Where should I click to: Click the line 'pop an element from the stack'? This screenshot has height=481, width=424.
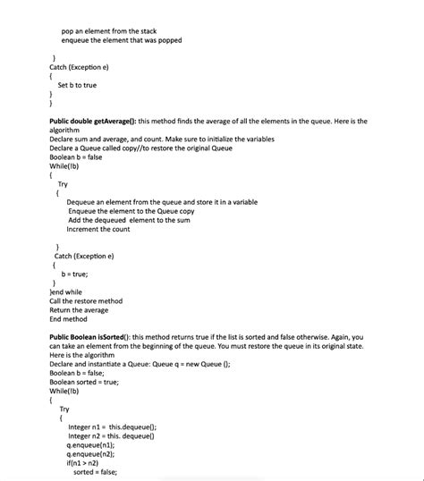tap(108, 31)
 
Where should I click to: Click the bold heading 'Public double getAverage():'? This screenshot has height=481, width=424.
tap(94, 121)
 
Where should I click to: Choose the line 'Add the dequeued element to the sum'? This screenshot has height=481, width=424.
tap(129, 220)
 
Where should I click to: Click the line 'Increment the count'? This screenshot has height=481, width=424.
tap(98, 229)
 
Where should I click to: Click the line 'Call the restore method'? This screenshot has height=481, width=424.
tap(86, 301)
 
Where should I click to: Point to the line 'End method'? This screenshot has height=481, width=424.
tap(68, 319)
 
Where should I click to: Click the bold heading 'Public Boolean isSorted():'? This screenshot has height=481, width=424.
tap(93, 337)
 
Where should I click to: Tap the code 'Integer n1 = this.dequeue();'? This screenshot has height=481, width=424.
tap(112, 427)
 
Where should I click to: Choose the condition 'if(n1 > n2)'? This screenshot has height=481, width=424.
tap(86, 463)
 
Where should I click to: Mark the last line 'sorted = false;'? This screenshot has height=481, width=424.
tap(95, 472)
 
